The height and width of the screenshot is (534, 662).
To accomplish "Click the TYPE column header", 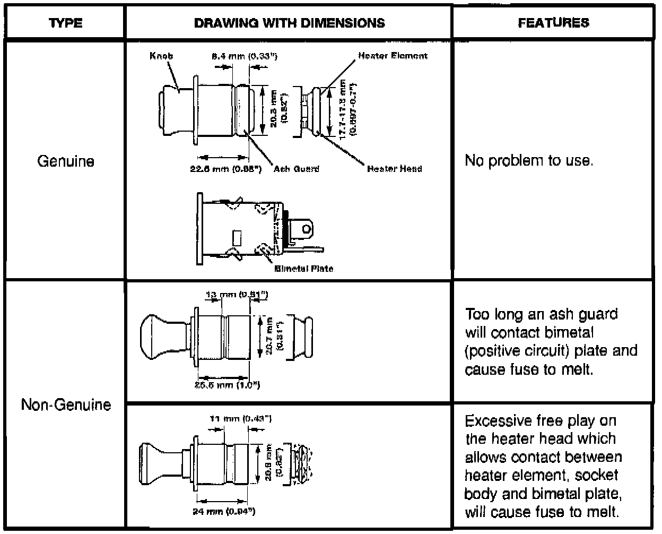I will [x=65, y=23].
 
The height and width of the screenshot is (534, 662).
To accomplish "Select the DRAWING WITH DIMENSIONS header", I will [x=289, y=23].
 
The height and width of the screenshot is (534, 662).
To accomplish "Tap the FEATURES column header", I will [x=553, y=23].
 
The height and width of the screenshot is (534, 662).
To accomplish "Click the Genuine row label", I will [x=66, y=161].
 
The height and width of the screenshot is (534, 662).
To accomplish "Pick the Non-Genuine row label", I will [x=66, y=405].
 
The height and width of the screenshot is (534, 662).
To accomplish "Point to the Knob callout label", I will [x=161, y=56].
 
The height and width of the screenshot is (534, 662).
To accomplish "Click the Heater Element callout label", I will [x=393, y=55].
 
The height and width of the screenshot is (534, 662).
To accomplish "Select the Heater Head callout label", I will [x=394, y=169].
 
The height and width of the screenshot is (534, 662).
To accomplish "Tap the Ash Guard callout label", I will [x=297, y=169].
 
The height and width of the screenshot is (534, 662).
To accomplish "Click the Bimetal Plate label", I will [x=304, y=269].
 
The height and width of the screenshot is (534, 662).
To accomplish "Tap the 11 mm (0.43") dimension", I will [x=241, y=419].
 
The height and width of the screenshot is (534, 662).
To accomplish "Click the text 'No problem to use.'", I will [x=528, y=161].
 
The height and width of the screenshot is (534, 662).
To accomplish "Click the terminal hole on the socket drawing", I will [x=305, y=229].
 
